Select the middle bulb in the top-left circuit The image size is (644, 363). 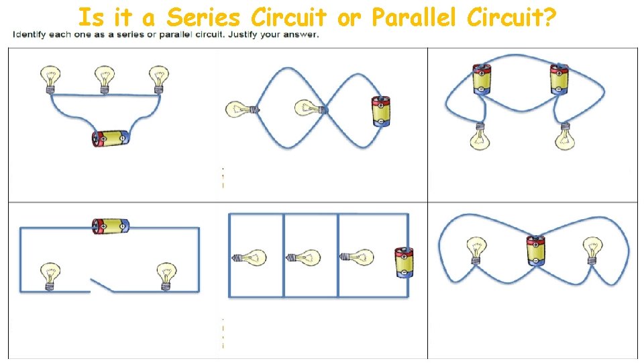pos(104,78)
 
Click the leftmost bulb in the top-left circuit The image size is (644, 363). pos(50,78)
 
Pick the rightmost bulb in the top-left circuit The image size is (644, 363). pos(158,78)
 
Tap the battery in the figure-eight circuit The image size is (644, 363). pos(380,111)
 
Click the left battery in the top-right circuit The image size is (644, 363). pos(482,79)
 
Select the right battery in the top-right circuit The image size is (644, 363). pos(559,79)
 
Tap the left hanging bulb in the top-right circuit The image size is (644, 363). pos(480,135)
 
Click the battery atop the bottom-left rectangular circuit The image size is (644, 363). pos(110,226)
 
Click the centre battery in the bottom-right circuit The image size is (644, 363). pos(535,250)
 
